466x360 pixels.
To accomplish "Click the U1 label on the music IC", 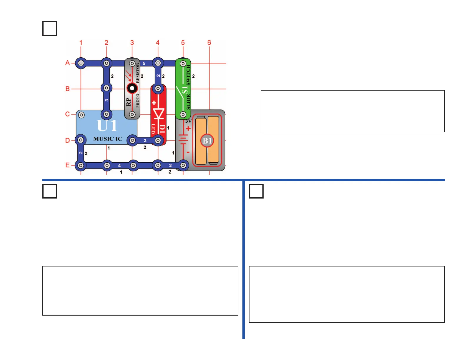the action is pyautogui.click(x=107, y=126).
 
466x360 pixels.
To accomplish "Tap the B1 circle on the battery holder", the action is pyautogui.click(x=207, y=141).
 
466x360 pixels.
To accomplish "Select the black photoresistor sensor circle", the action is pyautogui.click(x=132, y=88).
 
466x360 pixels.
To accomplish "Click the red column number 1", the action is pyautogui.click(x=81, y=43).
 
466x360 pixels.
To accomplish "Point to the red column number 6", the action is pyautogui.click(x=209, y=43).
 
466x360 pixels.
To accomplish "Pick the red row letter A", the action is pyautogui.click(x=68, y=63).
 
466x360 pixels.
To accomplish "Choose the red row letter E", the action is pyautogui.click(x=68, y=165).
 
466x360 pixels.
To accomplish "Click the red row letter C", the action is pyautogui.click(x=68, y=114).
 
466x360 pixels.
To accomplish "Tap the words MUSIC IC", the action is pyautogui.click(x=108, y=139).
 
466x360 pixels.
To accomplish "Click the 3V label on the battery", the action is pyautogui.click(x=188, y=121).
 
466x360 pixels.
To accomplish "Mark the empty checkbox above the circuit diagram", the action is pyautogui.click(x=50, y=29).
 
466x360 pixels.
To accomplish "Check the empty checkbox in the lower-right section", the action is pyautogui.click(x=256, y=191).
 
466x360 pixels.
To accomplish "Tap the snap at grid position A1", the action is pyautogui.click(x=81, y=63).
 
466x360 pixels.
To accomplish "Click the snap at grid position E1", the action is pyautogui.click(x=81, y=166).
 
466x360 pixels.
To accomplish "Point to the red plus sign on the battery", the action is pyautogui.click(x=188, y=129).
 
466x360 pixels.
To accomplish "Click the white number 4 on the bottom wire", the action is pyautogui.click(x=119, y=166).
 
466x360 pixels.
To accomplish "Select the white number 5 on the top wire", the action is pyautogui.click(x=144, y=63).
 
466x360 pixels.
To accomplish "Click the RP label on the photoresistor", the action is pyautogui.click(x=128, y=102).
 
